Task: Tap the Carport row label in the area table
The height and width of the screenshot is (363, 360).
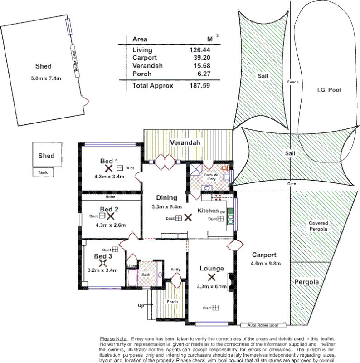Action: (x=145, y=58)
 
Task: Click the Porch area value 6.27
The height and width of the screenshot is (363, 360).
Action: (x=202, y=74)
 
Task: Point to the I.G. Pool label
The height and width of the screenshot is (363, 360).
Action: (x=329, y=90)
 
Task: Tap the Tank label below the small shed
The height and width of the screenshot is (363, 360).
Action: (x=43, y=172)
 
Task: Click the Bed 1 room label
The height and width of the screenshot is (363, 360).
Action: (x=109, y=161)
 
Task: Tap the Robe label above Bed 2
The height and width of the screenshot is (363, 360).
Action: (x=110, y=197)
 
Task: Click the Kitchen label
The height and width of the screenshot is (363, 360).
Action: (x=208, y=211)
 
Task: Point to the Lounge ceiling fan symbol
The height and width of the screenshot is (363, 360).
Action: (x=211, y=278)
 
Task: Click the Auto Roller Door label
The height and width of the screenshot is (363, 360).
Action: (x=263, y=325)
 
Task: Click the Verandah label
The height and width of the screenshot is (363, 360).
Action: (x=185, y=143)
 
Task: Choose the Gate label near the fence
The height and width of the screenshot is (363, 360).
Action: (x=292, y=184)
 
